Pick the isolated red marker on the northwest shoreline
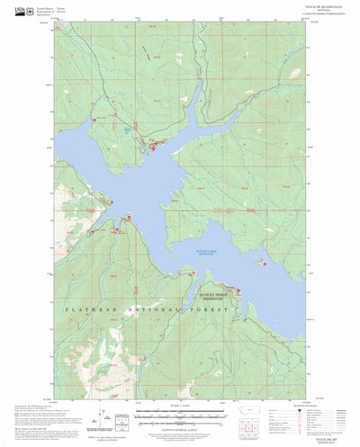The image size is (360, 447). click(x=94, y=118)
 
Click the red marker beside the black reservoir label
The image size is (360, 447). click(x=238, y=290)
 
